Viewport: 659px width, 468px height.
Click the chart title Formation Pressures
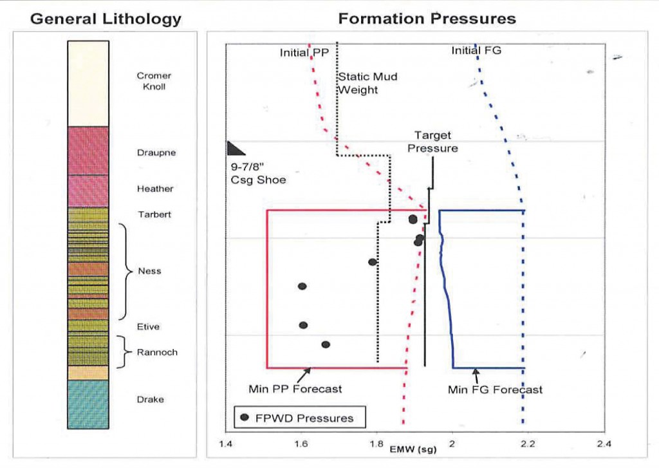point(427,19)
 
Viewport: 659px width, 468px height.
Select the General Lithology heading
point(106,19)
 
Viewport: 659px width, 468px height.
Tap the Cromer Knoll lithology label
point(154,81)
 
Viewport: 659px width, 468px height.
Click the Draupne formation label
point(156,153)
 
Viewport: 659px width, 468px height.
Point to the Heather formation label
point(155,189)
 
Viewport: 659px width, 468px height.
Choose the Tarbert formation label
point(155,214)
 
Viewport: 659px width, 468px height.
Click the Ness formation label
point(149,271)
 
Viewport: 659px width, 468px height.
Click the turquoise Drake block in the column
point(88,404)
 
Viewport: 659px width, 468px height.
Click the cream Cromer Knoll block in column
point(88,84)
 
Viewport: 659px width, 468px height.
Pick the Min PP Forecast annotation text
point(295,389)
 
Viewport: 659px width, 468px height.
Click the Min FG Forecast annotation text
point(495,389)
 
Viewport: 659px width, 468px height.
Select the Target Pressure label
point(436,142)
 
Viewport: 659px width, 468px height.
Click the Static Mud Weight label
point(367,83)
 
